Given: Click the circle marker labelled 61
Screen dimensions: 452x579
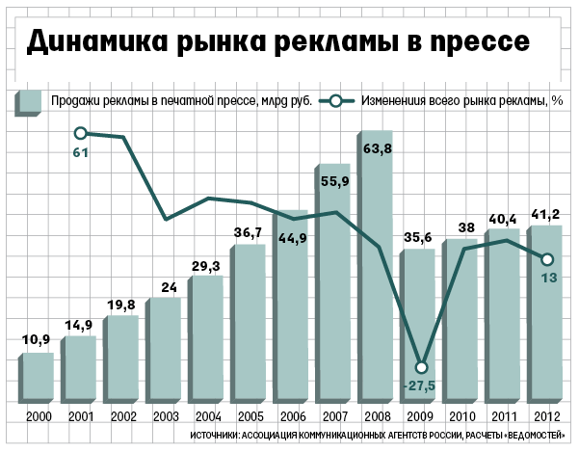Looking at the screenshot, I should (x=81, y=134).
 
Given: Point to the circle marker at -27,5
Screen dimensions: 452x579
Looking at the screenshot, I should (x=421, y=367).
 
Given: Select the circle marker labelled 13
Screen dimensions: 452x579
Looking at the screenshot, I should (x=547, y=258).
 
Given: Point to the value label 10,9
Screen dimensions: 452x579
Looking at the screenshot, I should (x=37, y=340).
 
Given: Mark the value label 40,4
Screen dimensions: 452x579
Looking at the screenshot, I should (x=502, y=218).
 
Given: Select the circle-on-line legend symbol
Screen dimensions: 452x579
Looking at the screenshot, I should (x=335, y=100).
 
